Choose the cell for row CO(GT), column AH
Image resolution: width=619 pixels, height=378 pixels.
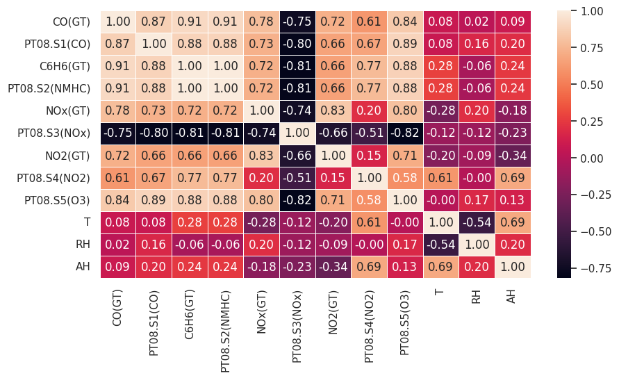(512, 22)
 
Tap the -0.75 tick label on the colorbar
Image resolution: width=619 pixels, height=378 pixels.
(592, 268)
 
